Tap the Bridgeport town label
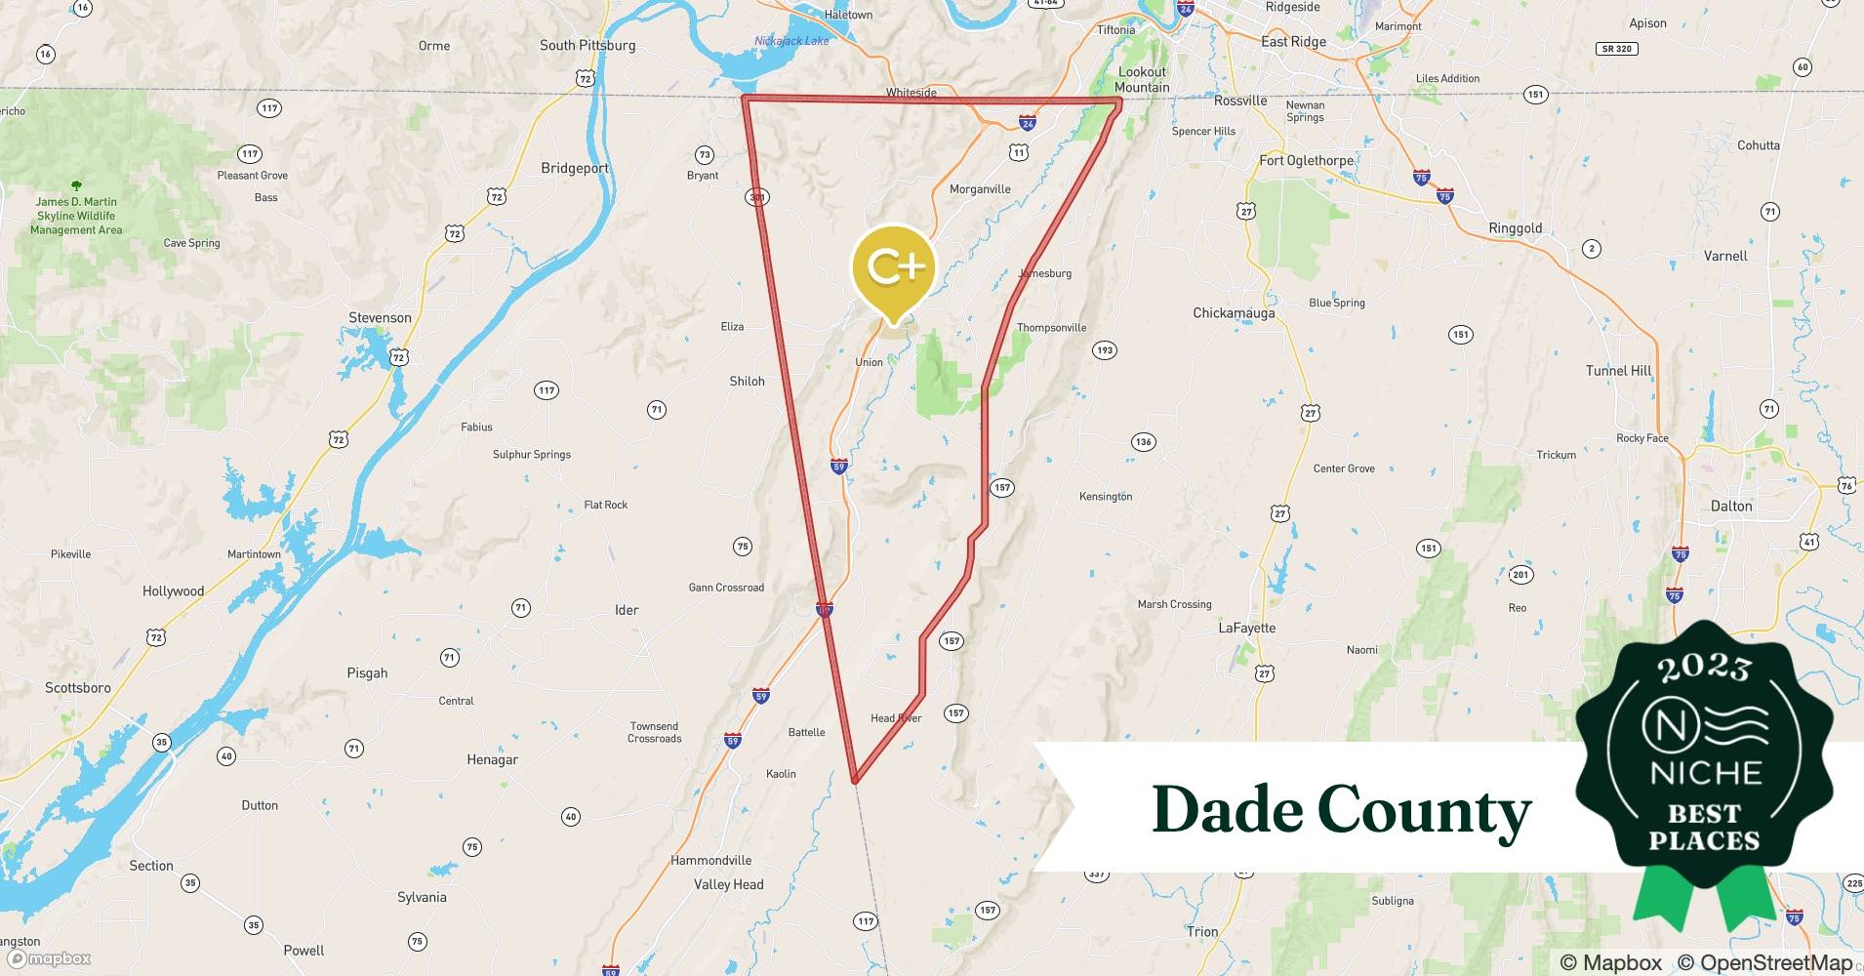coord(575,168)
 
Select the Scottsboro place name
coord(78,687)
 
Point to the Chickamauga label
coord(1234,313)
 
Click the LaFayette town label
coord(1246,628)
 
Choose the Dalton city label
coord(1731,506)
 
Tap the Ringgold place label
coord(1515,228)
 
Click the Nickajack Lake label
coord(791,41)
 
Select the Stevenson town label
coord(380,317)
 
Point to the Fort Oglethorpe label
coord(1306,160)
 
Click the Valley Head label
coord(728,884)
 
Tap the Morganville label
coord(980,189)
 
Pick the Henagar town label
coord(492,759)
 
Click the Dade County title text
coord(1342,809)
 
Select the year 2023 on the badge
coord(1704,667)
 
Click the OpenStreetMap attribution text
coord(1764,962)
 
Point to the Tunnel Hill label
coord(1618,371)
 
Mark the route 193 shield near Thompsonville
coord(1104,350)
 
